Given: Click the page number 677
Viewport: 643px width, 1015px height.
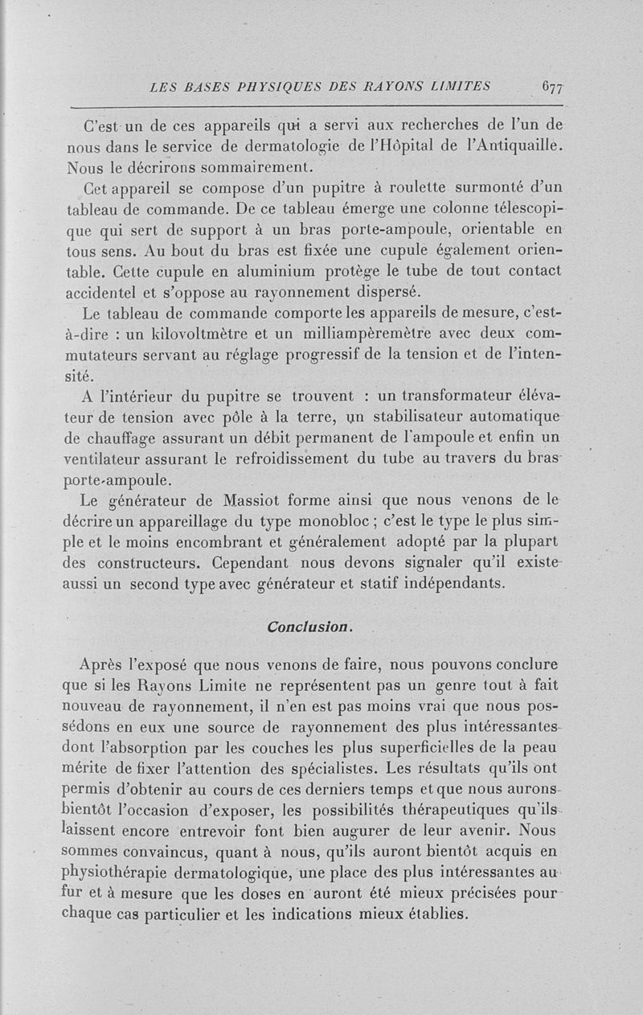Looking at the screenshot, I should click(551, 88).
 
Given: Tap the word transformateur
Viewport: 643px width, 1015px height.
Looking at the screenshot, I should click(448, 396).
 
